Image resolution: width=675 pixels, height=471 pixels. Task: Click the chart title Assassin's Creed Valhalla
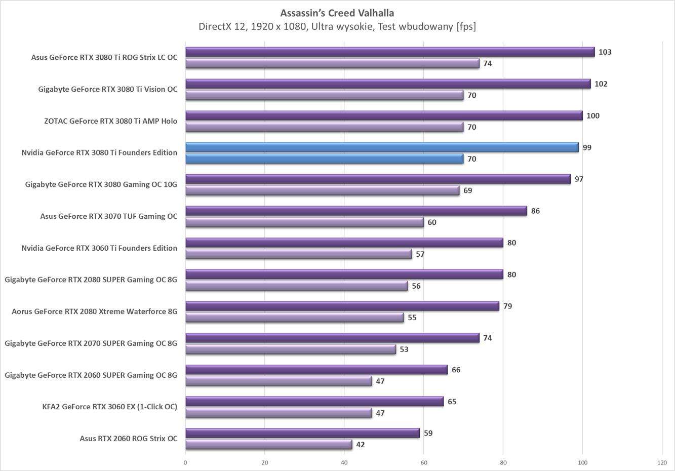point(337,13)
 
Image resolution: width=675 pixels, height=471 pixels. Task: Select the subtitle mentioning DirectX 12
point(337,26)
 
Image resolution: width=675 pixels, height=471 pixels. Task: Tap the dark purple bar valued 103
point(390,52)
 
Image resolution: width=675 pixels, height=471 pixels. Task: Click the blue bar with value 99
point(382,147)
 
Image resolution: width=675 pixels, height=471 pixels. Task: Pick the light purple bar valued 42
point(268,445)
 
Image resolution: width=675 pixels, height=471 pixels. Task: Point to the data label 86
point(535,211)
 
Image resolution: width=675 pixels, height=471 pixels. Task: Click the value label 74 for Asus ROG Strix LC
point(487,64)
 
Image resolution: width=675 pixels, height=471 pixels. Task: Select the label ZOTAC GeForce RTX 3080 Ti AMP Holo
point(110,121)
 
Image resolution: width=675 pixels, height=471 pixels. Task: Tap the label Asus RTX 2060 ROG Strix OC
point(129,439)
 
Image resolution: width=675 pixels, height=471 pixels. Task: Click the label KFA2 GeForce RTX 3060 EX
point(110,407)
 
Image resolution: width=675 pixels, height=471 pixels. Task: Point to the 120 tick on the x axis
point(662,462)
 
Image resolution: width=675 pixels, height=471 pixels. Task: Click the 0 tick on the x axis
point(185,462)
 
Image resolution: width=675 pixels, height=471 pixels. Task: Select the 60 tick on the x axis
point(424,462)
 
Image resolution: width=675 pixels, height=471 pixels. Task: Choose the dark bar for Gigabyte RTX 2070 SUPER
point(332,338)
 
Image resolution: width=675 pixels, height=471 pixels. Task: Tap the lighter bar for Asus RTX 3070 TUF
point(304,222)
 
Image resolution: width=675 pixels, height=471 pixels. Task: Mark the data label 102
point(601,84)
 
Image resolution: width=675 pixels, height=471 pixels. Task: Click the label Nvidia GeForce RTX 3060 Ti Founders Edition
point(99,248)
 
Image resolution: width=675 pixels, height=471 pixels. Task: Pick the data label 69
point(467,191)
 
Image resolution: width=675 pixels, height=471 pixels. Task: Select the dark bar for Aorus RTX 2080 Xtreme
point(342,306)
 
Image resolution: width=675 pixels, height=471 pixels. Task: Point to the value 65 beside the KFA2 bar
point(452,402)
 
